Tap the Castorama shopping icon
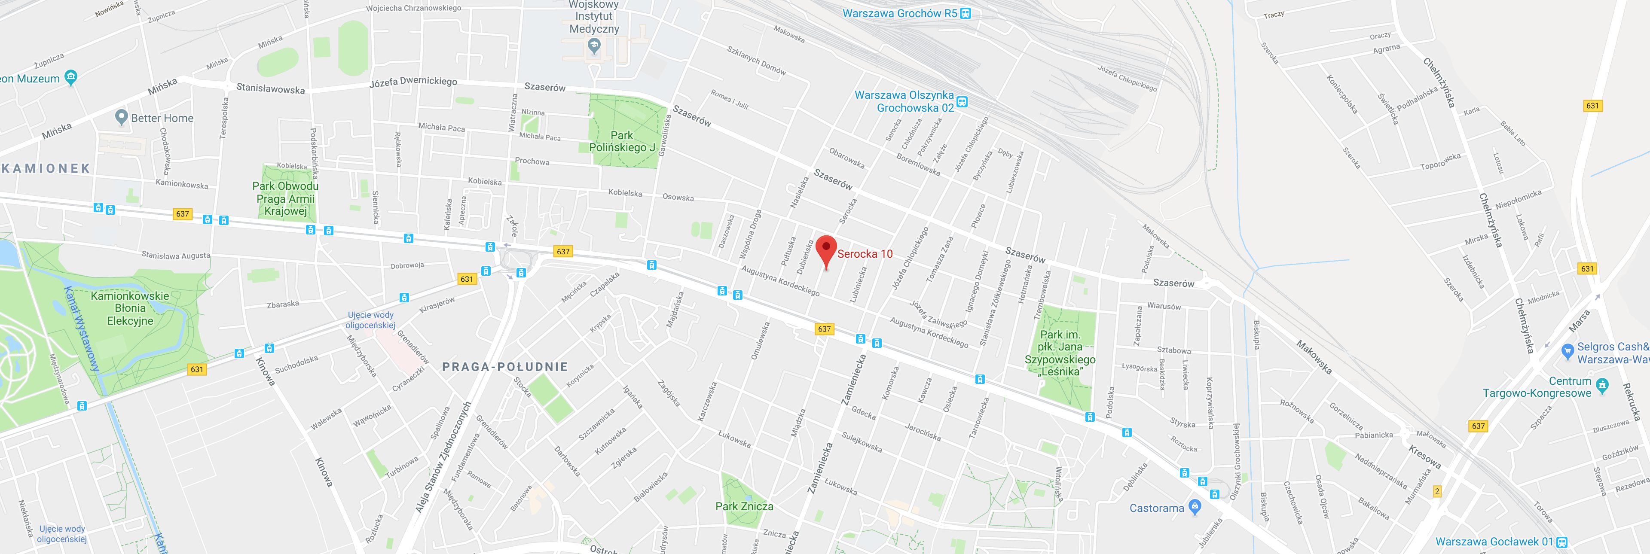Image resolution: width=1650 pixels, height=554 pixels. click(1195, 507)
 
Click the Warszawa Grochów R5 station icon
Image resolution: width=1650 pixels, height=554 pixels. click(966, 13)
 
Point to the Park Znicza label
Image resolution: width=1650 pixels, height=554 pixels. click(744, 506)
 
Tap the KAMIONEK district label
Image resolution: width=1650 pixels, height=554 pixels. click(46, 168)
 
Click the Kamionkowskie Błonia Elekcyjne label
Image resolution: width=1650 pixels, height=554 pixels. click(130, 308)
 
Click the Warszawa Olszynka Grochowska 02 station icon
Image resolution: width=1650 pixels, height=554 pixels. click(962, 102)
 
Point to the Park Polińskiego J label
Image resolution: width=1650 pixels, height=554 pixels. click(621, 142)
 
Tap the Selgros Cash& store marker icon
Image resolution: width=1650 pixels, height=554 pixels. click(1567, 350)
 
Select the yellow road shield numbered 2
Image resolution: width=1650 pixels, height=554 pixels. click(1437, 491)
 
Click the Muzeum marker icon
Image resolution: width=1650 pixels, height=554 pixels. click(71, 77)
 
